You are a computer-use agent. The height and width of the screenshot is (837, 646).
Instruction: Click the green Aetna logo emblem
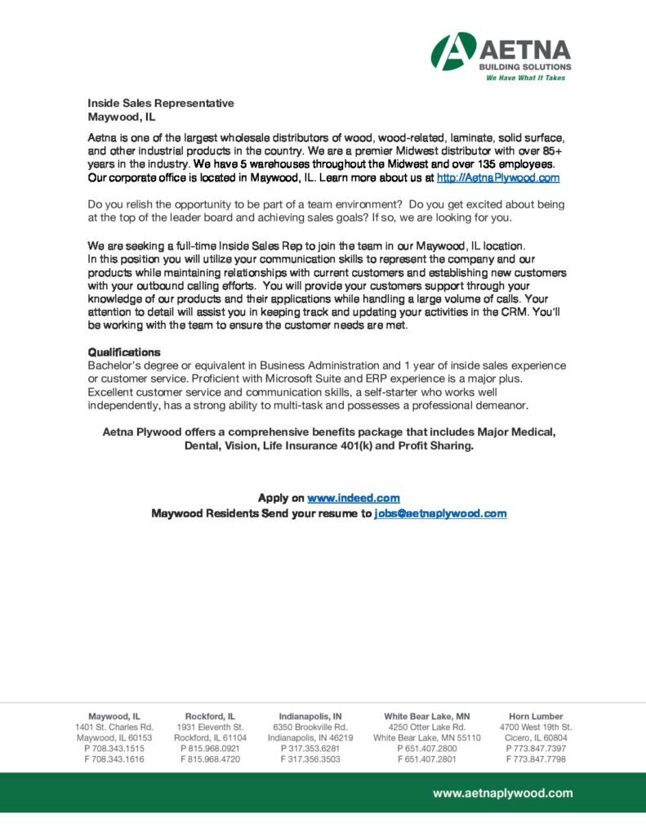[454, 51]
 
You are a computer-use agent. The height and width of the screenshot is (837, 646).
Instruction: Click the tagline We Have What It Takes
[525, 78]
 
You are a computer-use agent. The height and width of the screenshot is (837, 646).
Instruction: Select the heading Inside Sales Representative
[161, 103]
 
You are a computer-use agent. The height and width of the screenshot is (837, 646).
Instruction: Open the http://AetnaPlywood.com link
[498, 177]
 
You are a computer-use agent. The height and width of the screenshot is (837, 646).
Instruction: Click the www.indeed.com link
[354, 498]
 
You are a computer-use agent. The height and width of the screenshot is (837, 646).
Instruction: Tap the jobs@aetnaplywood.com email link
[440, 513]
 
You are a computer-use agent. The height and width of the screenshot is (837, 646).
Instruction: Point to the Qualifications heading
[124, 352]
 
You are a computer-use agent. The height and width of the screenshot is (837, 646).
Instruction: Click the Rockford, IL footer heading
[210, 716]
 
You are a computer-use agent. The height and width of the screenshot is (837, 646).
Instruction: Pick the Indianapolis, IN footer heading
[310, 716]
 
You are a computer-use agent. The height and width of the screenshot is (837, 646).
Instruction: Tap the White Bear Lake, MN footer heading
[427, 716]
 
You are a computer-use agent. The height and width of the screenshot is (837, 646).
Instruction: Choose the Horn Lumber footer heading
[536, 716]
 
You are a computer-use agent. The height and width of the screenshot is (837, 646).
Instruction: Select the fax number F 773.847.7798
[536, 759]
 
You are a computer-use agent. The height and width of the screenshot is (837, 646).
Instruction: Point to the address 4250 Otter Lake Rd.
[427, 727]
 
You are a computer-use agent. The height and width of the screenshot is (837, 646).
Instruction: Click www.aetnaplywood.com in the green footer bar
[502, 793]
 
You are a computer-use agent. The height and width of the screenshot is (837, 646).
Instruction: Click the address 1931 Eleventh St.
[210, 727]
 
